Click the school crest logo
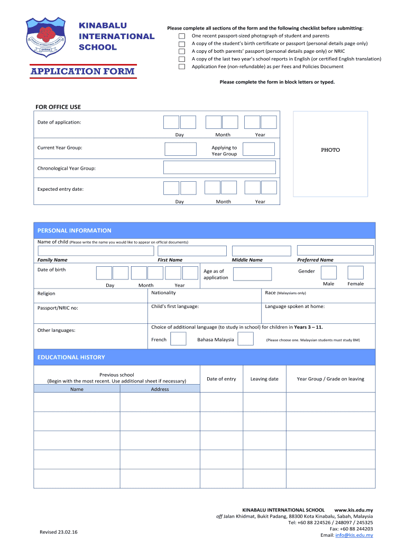pyautogui.click(x=48, y=36)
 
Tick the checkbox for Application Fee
pyautogui.click(x=182, y=67)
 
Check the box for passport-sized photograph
pyautogui.click(x=182, y=36)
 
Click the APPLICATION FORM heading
pyautogui.click(x=82, y=71)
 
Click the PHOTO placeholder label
pyautogui.click(x=330, y=150)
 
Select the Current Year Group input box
pyautogui.click(x=180, y=149)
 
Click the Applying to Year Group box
pyautogui.click(x=258, y=149)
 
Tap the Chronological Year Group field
pyautogui.click(x=219, y=167)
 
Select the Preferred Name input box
pyautogui.click(x=335, y=250)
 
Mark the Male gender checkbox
pyautogui.click(x=329, y=273)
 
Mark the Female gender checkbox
pyautogui.click(x=356, y=273)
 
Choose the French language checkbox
pyautogui.click(x=178, y=339)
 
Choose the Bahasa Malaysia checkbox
pyautogui.click(x=245, y=339)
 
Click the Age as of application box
pyautogui.click(x=252, y=274)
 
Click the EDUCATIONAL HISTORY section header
pyautogui.click(x=71, y=358)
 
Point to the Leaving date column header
pyautogui.click(x=264, y=379)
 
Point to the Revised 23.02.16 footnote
pyautogui.click(x=59, y=532)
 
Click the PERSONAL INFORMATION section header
pyautogui.click(x=74, y=230)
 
